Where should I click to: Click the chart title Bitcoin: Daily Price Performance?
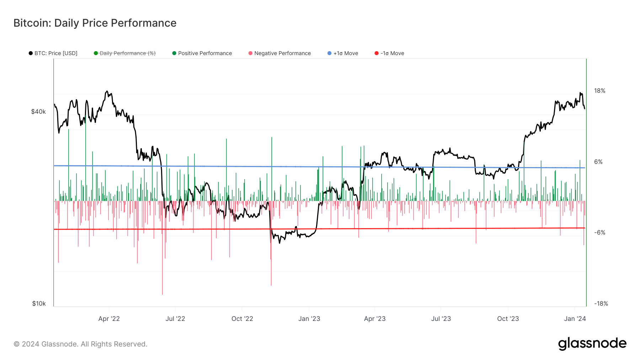pyautogui.click(x=95, y=23)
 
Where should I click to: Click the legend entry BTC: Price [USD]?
pyautogui.click(x=53, y=53)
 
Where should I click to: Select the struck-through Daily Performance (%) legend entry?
pyautogui.click(x=125, y=53)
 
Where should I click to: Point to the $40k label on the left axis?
pyautogui.click(x=38, y=112)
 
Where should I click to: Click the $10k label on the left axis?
pyautogui.click(x=39, y=303)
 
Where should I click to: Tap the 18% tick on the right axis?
pyautogui.click(x=599, y=91)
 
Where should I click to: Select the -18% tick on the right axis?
pyautogui.click(x=601, y=303)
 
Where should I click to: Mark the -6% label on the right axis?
pyautogui.click(x=599, y=232)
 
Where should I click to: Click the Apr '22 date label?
pyautogui.click(x=109, y=319)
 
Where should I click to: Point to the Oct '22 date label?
pyautogui.click(x=242, y=319)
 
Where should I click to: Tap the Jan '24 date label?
pyautogui.click(x=575, y=319)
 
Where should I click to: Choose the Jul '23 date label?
pyautogui.click(x=441, y=319)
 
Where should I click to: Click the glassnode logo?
pyautogui.click(x=592, y=344)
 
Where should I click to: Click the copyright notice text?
pyautogui.click(x=80, y=344)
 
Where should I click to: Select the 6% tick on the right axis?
pyautogui.click(x=598, y=162)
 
